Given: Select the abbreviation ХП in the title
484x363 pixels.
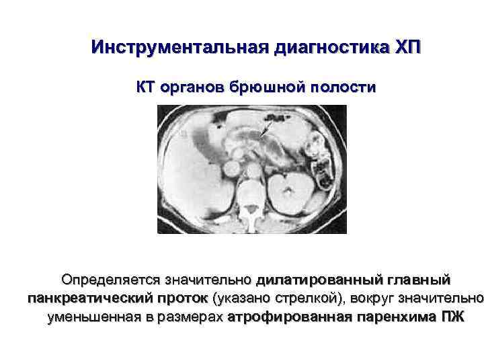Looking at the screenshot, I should point(406,48).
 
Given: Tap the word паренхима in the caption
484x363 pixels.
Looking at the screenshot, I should point(390,317).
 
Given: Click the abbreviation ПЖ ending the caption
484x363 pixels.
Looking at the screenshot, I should point(450,317).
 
